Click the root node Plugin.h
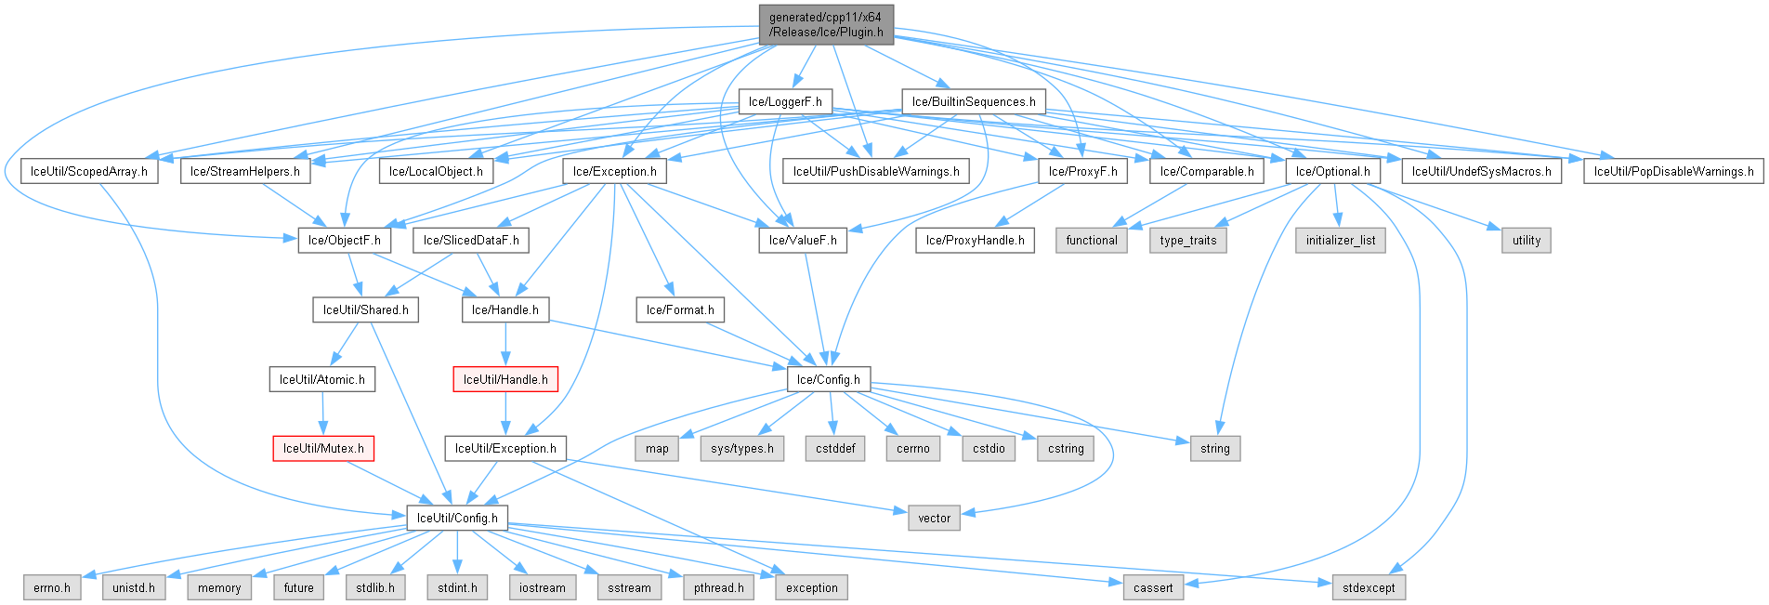(x=826, y=24)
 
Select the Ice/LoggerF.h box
(x=785, y=102)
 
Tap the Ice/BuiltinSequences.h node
(x=974, y=102)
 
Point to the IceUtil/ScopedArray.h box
(x=89, y=171)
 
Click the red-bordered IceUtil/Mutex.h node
(x=323, y=448)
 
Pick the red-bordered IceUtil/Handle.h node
(x=505, y=379)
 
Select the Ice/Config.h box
(x=829, y=379)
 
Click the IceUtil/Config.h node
(x=457, y=518)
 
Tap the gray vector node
(x=934, y=518)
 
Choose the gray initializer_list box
(x=1341, y=240)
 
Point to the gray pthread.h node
(x=719, y=587)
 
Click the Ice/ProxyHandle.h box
(x=976, y=240)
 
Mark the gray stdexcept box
(x=1369, y=587)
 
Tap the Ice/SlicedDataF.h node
(x=471, y=240)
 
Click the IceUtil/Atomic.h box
(x=322, y=379)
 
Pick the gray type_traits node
(x=1188, y=240)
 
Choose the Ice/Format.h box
(x=680, y=309)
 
